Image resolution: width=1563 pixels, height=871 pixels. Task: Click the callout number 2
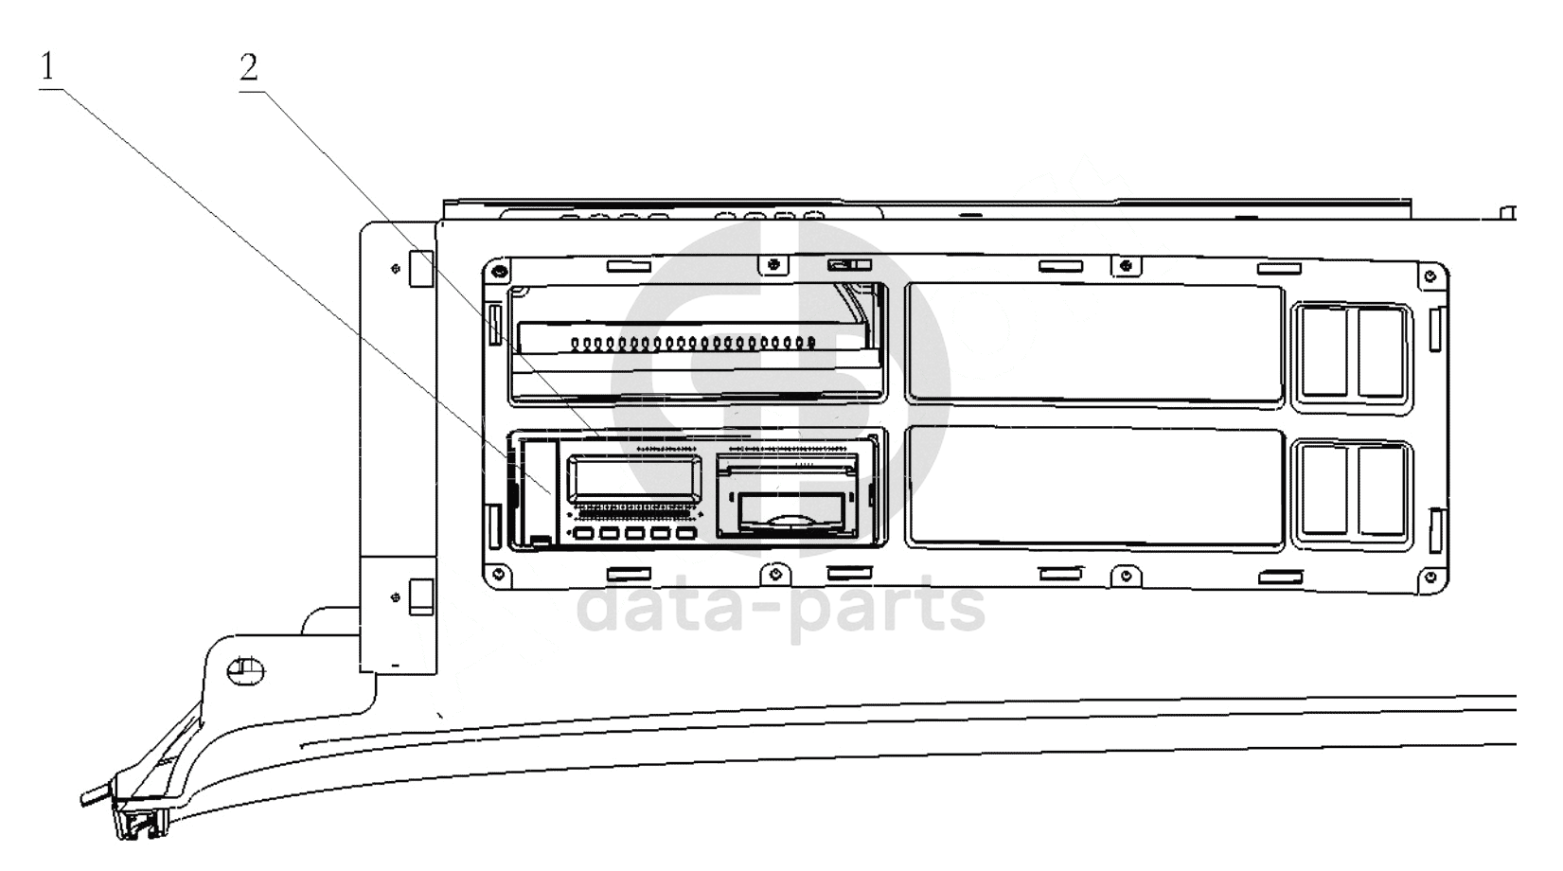click(249, 68)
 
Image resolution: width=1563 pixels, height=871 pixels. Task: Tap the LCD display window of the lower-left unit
click(634, 478)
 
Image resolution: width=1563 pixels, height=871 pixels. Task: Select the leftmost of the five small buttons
click(583, 535)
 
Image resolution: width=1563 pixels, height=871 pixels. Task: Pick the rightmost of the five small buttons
click(684, 535)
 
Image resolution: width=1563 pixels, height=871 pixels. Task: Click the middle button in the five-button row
click(633, 535)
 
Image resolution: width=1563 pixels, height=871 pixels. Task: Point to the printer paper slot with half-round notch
click(788, 513)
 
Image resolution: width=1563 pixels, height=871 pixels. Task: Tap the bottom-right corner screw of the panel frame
click(1430, 577)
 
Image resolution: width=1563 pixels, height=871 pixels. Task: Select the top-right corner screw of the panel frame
click(1430, 276)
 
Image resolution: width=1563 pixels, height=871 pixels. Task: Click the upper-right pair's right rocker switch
click(1380, 351)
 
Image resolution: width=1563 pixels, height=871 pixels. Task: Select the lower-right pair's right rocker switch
click(1380, 489)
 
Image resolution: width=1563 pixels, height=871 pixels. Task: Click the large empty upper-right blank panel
click(1094, 343)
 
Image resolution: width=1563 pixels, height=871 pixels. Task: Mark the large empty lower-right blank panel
click(1094, 488)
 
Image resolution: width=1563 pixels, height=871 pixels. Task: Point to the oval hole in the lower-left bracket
click(246, 671)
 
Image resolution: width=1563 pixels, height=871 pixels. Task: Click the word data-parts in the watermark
click(781, 608)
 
